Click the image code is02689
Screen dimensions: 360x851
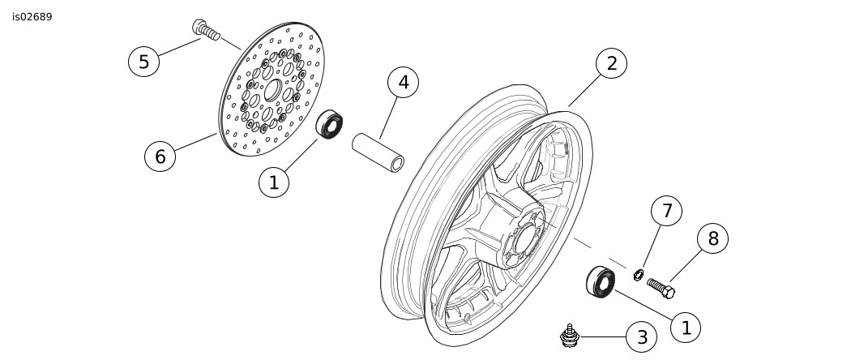pyautogui.click(x=32, y=16)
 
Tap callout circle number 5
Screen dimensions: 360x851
pyautogui.click(x=143, y=62)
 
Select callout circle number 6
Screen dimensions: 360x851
pyautogui.click(x=160, y=156)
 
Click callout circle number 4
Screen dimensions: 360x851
pyautogui.click(x=403, y=82)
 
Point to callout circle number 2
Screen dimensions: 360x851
pyautogui.click(x=611, y=63)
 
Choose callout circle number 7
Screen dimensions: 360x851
pyautogui.click(x=666, y=212)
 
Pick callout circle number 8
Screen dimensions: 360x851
pyautogui.click(x=713, y=238)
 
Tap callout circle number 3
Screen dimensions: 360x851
pyautogui.click(x=642, y=336)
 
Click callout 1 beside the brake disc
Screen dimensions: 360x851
pyautogui.click(x=273, y=182)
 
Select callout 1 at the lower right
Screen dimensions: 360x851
pyautogui.click(x=686, y=327)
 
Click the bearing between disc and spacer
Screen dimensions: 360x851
pyautogui.click(x=331, y=124)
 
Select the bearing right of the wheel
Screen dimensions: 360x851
pyautogui.click(x=601, y=281)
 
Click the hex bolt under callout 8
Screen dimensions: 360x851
pyautogui.click(x=661, y=287)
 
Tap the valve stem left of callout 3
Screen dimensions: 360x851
pyautogui.click(x=571, y=335)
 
